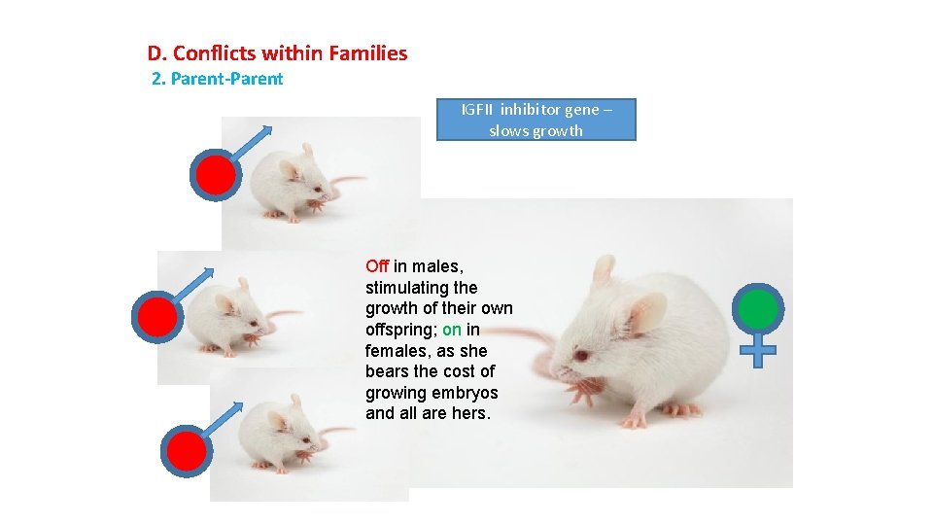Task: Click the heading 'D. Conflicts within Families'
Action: pyautogui.click(x=277, y=53)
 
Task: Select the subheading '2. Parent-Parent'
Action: pyautogui.click(x=218, y=79)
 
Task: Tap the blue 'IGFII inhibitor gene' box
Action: pyautogui.click(x=536, y=120)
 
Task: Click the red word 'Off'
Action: pyautogui.click(x=377, y=265)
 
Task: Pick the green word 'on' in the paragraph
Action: pyautogui.click(x=452, y=330)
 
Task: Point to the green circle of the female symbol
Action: pyautogui.click(x=759, y=309)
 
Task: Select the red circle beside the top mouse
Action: pyautogui.click(x=215, y=175)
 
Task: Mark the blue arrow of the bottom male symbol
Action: pyautogui.click(x=223, y=416)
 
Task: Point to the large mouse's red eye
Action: pyautogui.click(x=580, y=356)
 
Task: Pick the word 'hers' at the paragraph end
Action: pyautogui.click(x=468, y=413)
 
